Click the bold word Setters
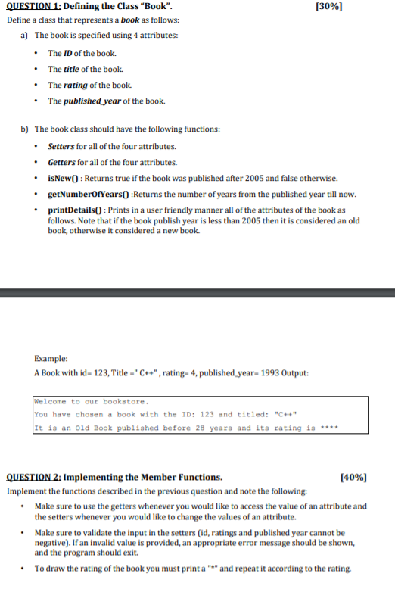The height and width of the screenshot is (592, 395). pos(61,146)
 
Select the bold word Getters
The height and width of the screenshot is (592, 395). pos(61,162)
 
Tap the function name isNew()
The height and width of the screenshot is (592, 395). pos(64,178)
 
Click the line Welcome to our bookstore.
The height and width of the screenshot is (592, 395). pos(91,401)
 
